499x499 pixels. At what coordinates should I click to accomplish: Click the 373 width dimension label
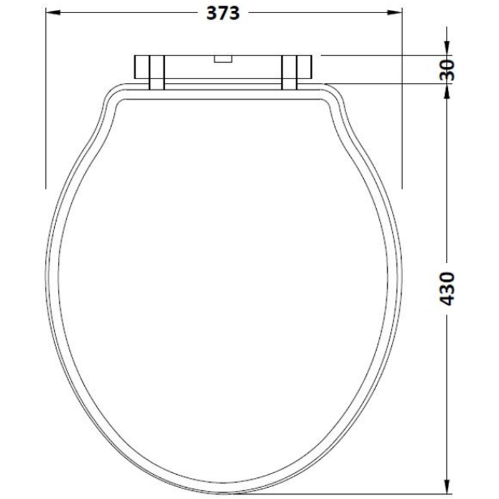224,14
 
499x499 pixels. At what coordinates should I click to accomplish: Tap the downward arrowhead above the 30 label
447,50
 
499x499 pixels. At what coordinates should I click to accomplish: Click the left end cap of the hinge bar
140,67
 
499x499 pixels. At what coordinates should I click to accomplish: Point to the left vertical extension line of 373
46,125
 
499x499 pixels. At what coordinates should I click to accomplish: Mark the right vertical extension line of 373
401,125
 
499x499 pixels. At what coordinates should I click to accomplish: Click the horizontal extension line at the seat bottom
349,488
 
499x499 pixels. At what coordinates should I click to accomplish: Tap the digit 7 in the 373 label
224,14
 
